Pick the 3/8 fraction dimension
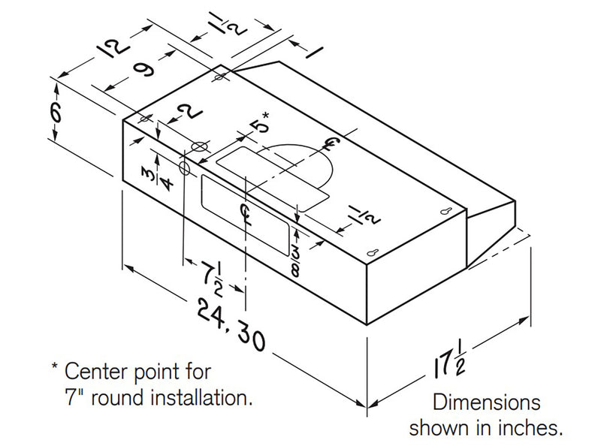click(x=295, y=260)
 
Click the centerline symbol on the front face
click(x=245, y=213)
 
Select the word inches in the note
click(x=526, y=428)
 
